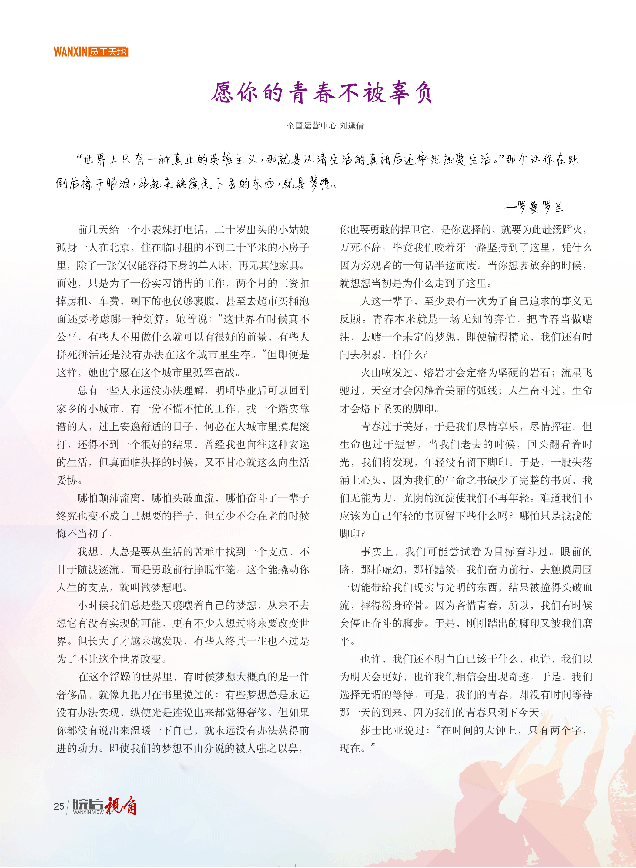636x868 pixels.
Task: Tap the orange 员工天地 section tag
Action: pyautogui.click(x=108, y=52)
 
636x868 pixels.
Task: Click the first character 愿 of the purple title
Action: pyautogui.click(x=223, y=93)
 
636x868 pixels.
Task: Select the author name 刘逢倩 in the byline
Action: pyautogui.click(x=352, y=125)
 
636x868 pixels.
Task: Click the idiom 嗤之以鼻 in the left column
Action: pyautogui.click(x=277, y=748)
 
